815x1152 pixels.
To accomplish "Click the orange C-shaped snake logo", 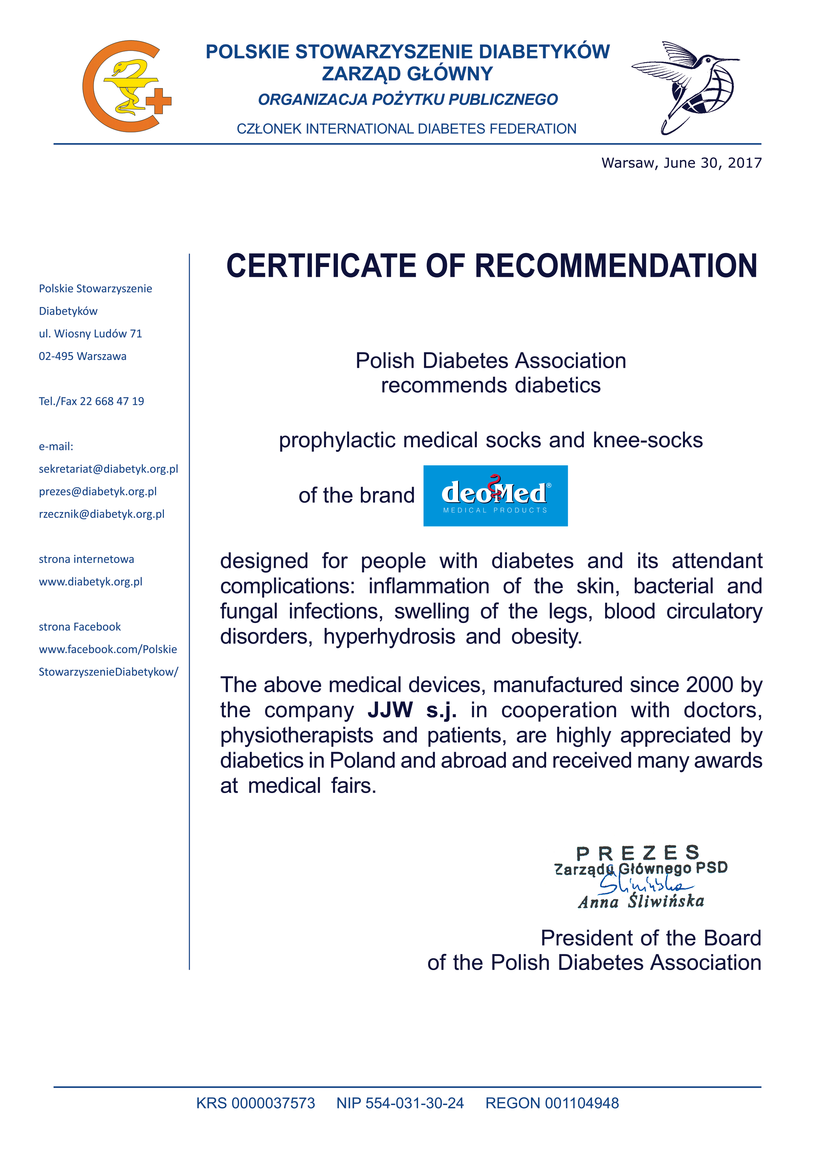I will click(x=126, y=86).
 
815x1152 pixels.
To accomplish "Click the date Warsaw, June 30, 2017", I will click(x=681, y=163).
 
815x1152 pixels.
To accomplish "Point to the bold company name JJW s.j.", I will click(x=412, y=710).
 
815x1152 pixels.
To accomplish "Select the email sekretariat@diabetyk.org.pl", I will click(x=108, y=469).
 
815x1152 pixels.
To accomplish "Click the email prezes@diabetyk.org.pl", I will click(x=98, y=491).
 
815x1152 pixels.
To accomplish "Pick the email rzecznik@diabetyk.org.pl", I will click(x=102, y=514).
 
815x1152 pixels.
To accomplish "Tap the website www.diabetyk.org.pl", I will click(x=91, y=582).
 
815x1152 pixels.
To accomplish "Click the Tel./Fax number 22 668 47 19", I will click(x=112, y=401).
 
